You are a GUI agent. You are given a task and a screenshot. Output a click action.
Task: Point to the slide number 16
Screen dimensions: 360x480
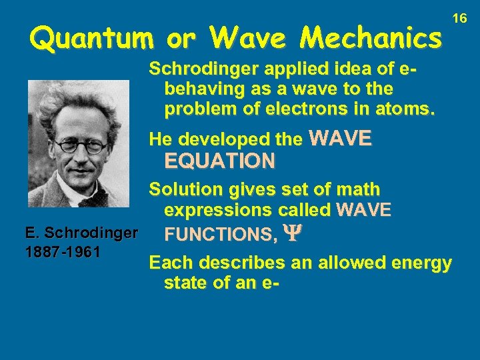(x=460, y=19)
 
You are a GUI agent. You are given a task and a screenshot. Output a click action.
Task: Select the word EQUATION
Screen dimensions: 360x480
(x=219, y=161)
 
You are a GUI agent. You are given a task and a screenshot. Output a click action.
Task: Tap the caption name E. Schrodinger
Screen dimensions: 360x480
(x=81, y=234)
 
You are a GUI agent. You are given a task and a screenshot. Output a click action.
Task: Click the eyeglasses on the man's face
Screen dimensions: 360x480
(x=80, y=146)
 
